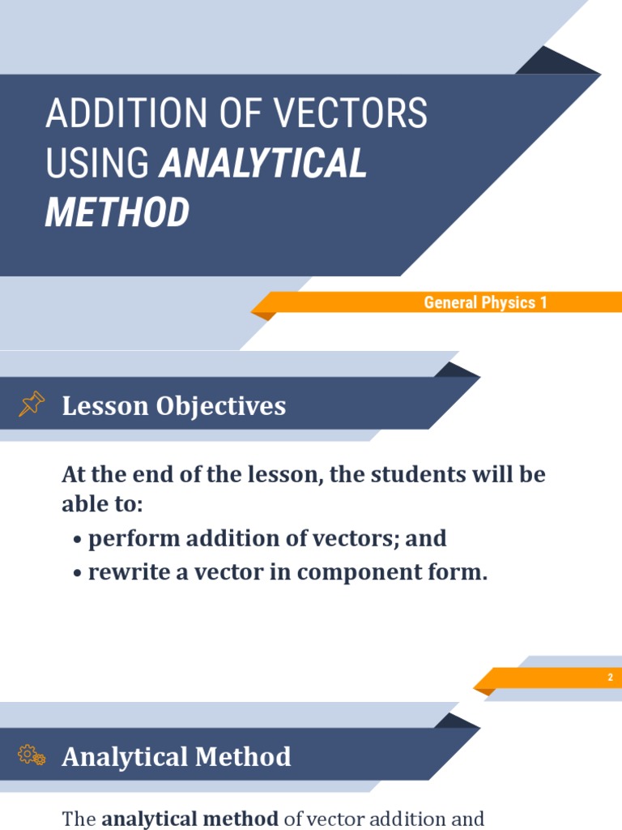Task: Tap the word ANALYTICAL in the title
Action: [x=263, y=164]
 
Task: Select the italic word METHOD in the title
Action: [x=117, y=212]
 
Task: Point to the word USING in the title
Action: [x=98, y=164]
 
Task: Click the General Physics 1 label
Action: [x=486, y=303]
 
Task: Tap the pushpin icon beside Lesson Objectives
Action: [x=32, y=404]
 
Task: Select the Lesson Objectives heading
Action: [x=174, y=405]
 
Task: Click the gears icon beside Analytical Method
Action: [x=32, y=755]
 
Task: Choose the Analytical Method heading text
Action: [x=177, y=756]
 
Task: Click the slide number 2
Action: [x=611, y=678]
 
